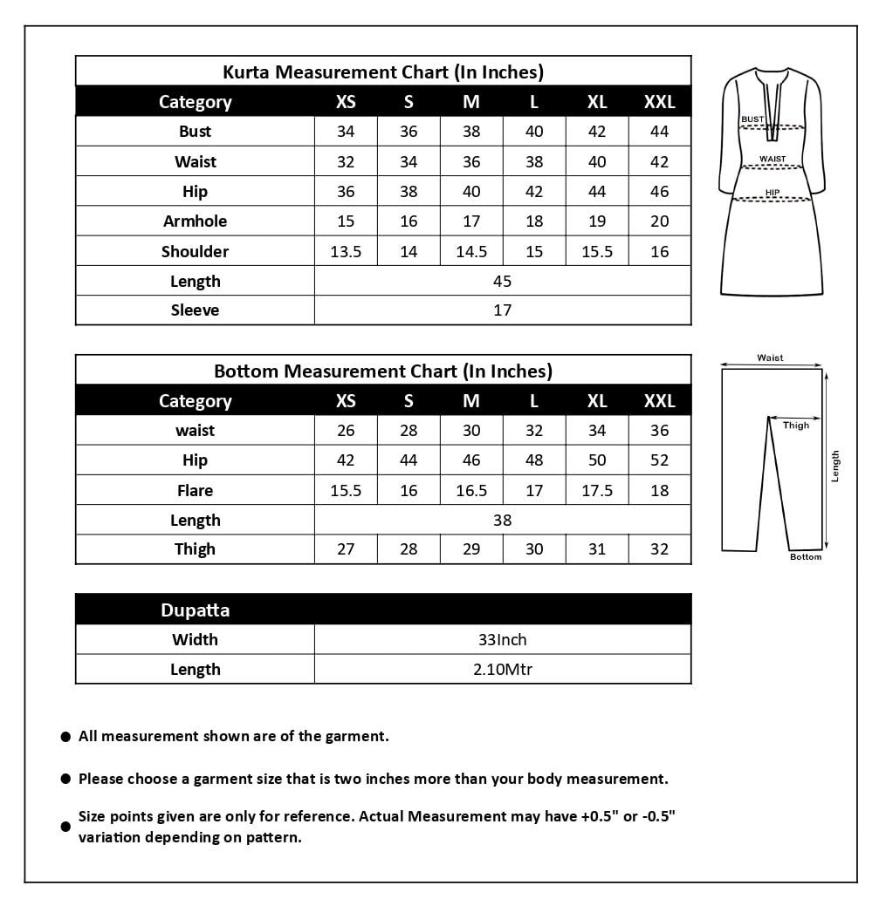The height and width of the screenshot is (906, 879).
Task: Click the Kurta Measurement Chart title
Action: [383, 72]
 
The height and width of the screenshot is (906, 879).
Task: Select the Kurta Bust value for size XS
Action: [346, 132]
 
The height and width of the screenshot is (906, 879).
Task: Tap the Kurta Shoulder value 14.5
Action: [471, 252]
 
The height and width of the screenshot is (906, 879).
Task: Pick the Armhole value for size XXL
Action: [660, 221]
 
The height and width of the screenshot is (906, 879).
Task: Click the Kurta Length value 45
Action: [502, 282]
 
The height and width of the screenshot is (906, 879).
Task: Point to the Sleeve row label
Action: [195, 310]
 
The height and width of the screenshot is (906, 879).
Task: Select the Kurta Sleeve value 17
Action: [502, 310]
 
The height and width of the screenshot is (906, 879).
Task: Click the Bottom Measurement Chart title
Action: [383, 371]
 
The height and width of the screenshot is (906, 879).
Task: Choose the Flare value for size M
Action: [471, 491]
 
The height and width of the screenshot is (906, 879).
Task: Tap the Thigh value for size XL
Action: [597, 549]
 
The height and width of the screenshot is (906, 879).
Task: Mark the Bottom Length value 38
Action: [502, 521]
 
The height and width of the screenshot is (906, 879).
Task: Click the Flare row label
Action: [195, 491]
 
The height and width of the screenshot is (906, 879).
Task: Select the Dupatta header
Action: [195, 610]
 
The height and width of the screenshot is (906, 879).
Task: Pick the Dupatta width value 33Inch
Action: [502, 640]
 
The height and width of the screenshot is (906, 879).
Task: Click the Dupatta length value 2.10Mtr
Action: [502, 670]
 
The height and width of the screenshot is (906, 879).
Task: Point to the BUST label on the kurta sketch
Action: [752, 119]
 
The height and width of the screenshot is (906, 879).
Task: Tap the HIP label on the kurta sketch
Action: [773, 192]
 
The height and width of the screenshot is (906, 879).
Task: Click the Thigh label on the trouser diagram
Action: [795, 426]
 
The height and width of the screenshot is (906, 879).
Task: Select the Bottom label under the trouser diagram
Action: [805, 557]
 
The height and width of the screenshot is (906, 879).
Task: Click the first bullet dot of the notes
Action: [65, 737]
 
